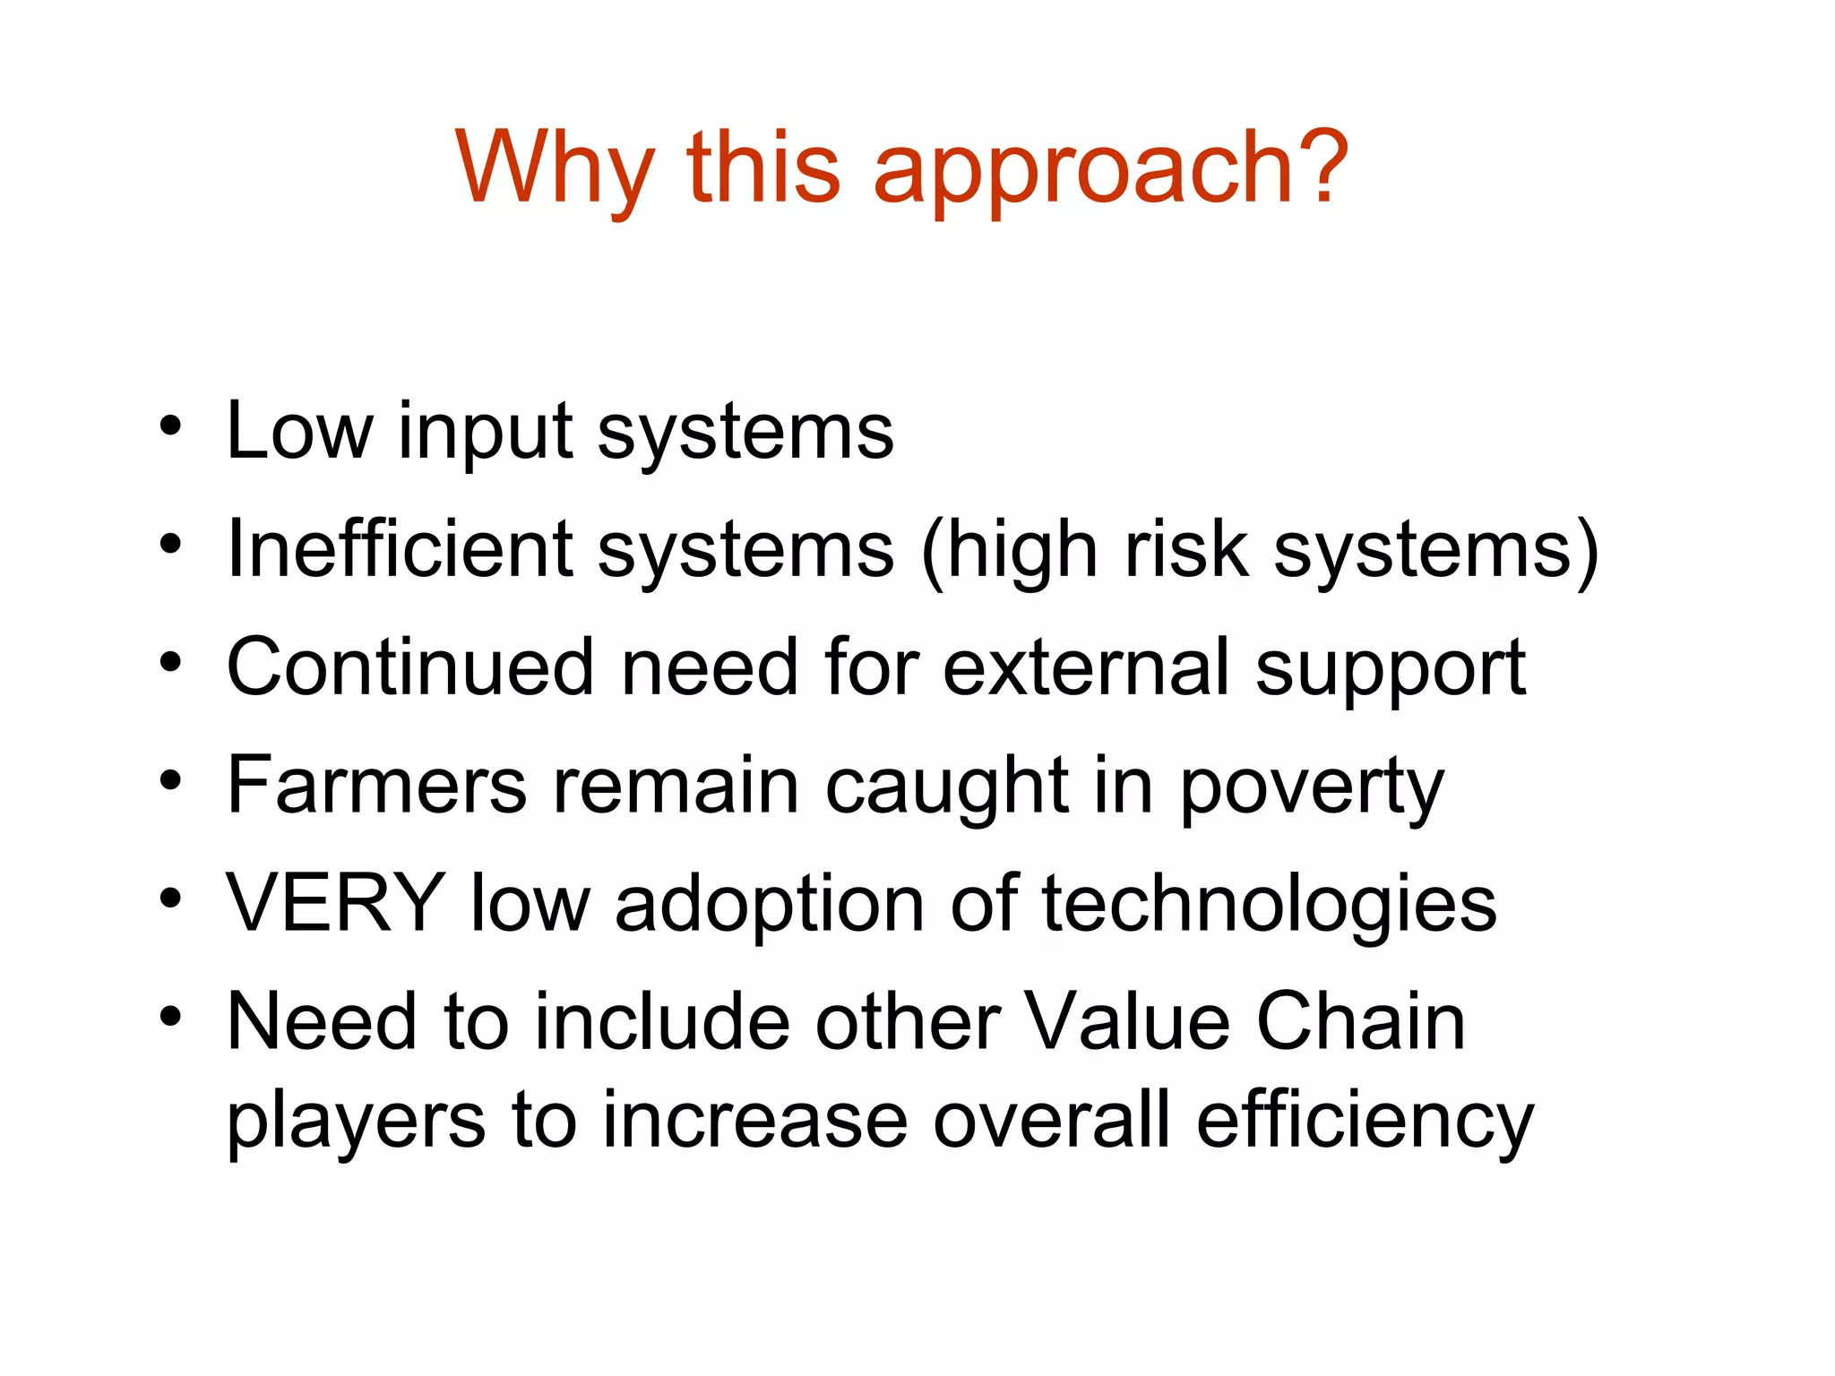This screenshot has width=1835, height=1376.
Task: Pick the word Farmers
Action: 377,786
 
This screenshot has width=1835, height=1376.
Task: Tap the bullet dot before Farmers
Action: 171,780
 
